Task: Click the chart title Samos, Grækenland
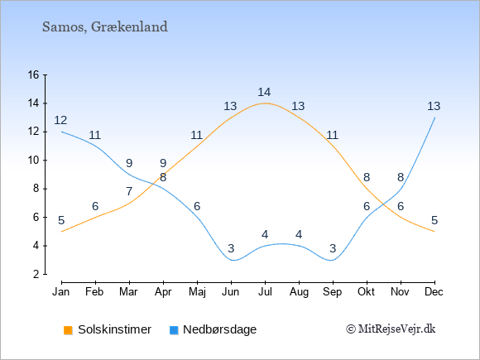pos(105,27)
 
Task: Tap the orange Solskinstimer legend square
pos(68,330)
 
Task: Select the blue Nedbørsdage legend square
pos(174,330)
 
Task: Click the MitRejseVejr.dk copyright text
pos(391,329)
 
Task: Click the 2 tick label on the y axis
pos(36,274)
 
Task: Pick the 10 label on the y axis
pos(34,160)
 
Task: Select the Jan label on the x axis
pos(61,292)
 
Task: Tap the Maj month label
pos(197,292)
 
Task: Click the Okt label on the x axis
pos(366,292)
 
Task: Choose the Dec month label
pos(434,292)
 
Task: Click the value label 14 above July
pos(264,92)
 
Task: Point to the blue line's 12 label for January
pos(60,120)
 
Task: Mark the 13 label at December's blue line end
pos(434,106)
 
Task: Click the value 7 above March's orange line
pos(129,192)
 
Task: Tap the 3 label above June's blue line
pos(231,248)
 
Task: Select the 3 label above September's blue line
pos(333,248)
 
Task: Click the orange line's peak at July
pos(265,103)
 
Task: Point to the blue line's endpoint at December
pos(434,118)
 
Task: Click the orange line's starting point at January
pos(62,232)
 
